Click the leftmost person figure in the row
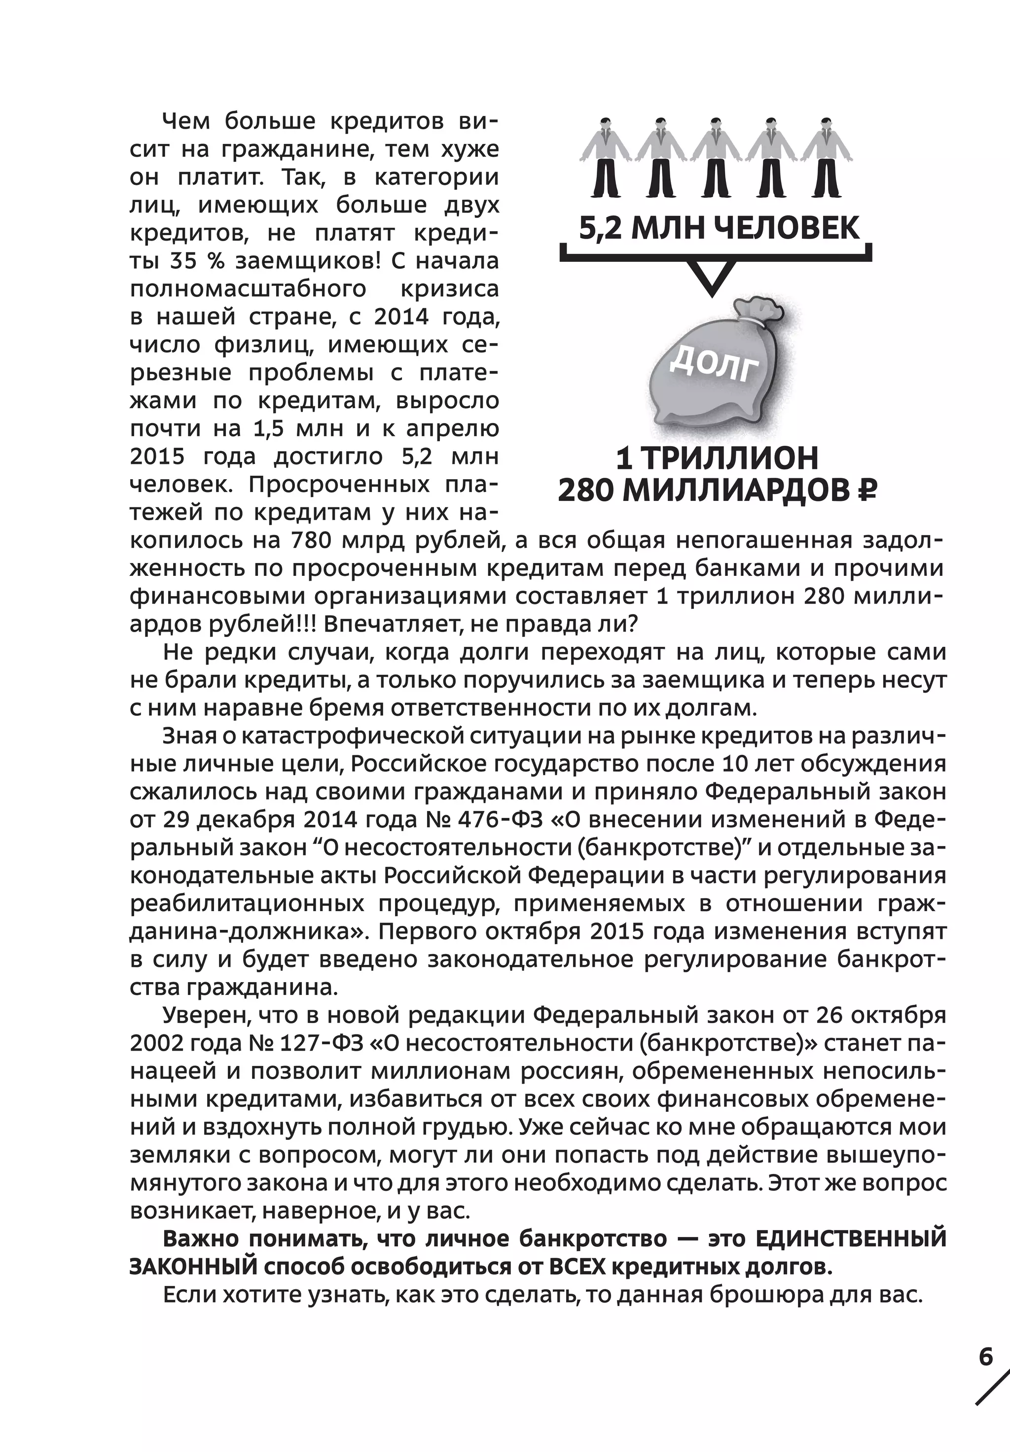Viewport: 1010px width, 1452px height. click(605, 159)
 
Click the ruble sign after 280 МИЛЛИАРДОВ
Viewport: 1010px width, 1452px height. click(865, 490)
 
